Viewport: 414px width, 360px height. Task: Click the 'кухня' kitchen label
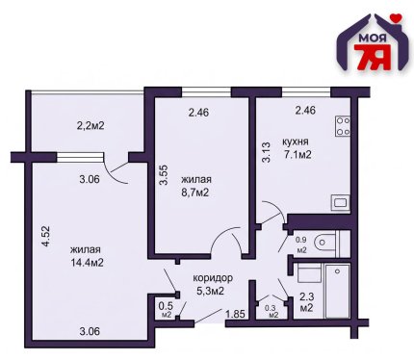(x=296, y=141)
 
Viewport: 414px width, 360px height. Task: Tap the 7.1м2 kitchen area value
(x=298, y=155)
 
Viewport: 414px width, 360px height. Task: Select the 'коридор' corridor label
(x=213, y=278)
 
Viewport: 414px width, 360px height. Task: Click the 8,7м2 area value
(x=195, y=193)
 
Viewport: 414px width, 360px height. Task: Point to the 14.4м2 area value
(x=88, y=263)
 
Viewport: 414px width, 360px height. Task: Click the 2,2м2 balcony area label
(x=91, y=125)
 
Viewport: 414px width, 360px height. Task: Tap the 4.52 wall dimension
(x=46, y=236)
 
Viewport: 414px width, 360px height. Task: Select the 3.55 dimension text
(x=164, y=175)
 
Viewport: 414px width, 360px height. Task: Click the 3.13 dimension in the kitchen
(x=267, y=152)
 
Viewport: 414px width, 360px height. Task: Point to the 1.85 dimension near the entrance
(x=236, y=314)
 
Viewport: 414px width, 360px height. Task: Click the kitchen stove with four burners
(x=343, y=126)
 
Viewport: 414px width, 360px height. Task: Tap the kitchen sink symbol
(x=341, y=202)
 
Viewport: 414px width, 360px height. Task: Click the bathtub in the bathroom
(x=337, y=291)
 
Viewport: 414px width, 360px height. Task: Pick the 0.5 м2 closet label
(x=167, y=309)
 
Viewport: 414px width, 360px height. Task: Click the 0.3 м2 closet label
(x=272, y=312)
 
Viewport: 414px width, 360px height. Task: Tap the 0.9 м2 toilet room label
(x=301, y=244)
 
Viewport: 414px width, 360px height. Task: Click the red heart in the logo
(x=398, y=18)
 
